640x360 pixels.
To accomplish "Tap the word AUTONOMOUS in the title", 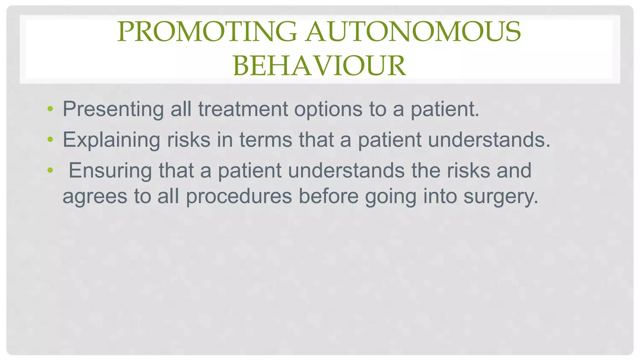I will tap(413, 32).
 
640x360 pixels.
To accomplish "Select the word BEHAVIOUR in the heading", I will tap(319, 66).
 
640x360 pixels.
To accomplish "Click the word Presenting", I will tap(113, 109).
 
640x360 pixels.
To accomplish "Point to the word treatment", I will tap(243, 109).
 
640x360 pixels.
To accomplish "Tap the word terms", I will tap(266, 140).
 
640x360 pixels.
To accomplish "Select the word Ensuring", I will tap(110, 171).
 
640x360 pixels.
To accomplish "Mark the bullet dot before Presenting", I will tap(50, 109).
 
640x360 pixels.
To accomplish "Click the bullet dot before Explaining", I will tap(50, 140).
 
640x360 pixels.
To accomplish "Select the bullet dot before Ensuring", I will tap(50, 171).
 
